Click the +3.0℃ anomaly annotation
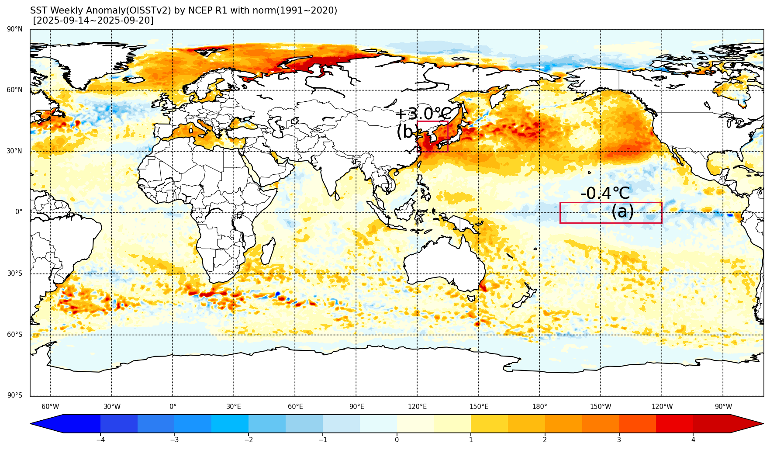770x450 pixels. pos(423,114)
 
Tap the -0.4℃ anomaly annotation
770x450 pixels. pos(605,193)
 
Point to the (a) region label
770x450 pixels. pos(622,212)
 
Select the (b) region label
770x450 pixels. pos(407,132)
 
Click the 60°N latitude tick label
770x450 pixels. pos(15,90)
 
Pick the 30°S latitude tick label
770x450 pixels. pos(15,273)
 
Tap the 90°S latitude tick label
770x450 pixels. pos(15,395)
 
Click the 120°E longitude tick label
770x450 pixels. pos(417,407)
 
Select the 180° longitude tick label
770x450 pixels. pos(539,407)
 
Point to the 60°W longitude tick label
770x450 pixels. pos(50,407)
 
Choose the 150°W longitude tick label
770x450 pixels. pos(601,407)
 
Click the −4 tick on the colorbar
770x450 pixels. pos(100,440)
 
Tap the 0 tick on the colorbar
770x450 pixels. pos(397,440)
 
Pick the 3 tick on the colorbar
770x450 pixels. pos(619,440)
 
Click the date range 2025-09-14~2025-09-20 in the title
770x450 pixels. pos(93,21)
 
